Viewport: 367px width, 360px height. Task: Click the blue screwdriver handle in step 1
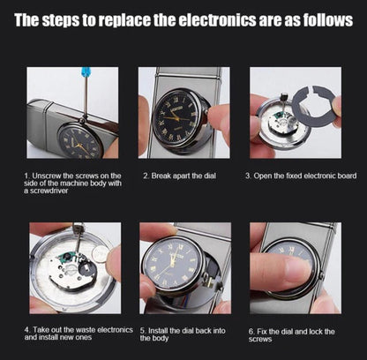pyautogui.click(x=86, y=71)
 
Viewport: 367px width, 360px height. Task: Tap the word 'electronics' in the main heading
pyautogui.click(x=218, y=20)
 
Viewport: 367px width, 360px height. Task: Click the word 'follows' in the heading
pyautogui.click(x=328, y=20)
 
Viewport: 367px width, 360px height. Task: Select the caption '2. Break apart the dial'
pyautogui.click(x=179, y=176)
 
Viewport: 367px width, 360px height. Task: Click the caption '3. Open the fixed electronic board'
pyautogui.click(x=301, y=176)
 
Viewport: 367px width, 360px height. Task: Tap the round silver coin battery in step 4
pyautogui.click(x=101, y=252)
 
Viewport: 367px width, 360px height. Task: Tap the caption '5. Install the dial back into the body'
pyautogui.click(x=183, y=334)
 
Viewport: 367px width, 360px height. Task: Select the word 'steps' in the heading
pyautogui.click(x=61, y=20)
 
